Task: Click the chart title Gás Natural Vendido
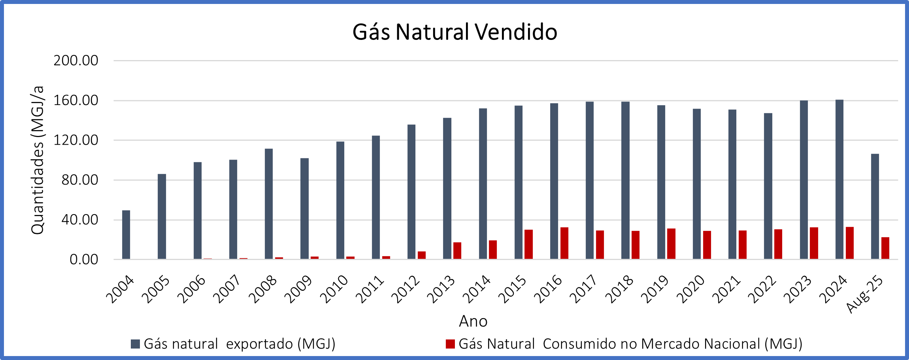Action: coord(455,32)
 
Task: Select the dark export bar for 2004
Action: coord(126,235)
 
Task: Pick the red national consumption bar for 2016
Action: coord(564,243)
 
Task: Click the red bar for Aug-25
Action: coord(885,248)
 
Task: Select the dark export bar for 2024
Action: coord(839,179)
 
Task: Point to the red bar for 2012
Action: coord(422,255)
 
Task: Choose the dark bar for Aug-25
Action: coord(875,206)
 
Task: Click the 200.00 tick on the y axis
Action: coord(76,61)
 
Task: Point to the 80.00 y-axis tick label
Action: coord(80,180)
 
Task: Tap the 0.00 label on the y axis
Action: coord(84,260)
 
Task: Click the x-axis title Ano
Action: coord(473,321)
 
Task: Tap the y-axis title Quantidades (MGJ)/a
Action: coord(38,160)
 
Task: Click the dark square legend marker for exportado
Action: coord(135,344)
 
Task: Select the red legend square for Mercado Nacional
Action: coord(450,344)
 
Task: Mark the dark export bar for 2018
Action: coord(625,180)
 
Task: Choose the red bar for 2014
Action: coord(493,250)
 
